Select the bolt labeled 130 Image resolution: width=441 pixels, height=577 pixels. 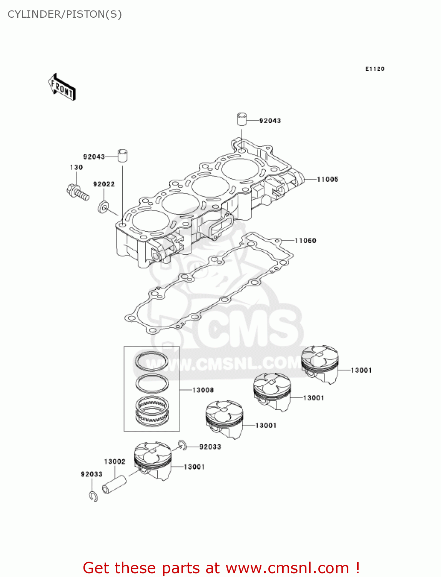pos(78,192)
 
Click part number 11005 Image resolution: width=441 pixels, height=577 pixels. pos(327,179)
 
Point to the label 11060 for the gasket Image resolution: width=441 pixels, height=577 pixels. pos(305,241)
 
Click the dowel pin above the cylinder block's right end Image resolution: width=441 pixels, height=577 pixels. pos(241,119)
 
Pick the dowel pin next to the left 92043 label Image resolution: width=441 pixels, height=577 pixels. pos(123,155)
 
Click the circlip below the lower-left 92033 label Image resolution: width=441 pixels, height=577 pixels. pos(93,496)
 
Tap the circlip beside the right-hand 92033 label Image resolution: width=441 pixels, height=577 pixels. pos(183,445)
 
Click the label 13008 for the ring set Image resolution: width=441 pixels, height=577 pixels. pos(203,390)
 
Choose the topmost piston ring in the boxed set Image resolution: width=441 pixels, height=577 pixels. pos(151,361)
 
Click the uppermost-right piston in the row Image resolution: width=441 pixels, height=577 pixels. pos(320,364)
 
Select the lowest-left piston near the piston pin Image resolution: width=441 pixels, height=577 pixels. pos(153,460)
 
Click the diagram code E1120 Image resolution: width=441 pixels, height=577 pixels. pos(374,69)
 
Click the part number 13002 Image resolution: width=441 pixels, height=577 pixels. pos(115,462)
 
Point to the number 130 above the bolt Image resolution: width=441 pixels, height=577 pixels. pos(76,167)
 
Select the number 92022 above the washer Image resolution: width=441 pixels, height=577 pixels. pos(104,184)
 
